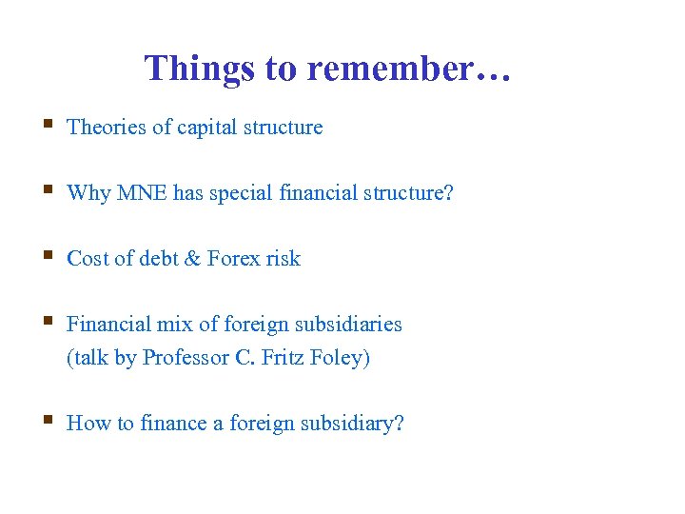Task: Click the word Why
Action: (88, 193)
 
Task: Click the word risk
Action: (283, 259)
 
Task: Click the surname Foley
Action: (339, 358)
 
